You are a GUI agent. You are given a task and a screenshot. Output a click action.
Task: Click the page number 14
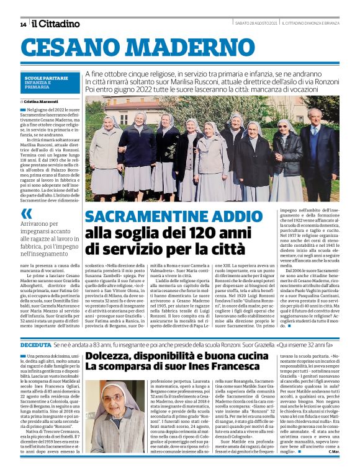(x=23, y=24)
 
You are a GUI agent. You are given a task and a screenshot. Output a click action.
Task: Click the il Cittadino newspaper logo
(x=56, y=24)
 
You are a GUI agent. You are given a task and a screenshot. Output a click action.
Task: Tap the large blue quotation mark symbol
(x=27, y=213)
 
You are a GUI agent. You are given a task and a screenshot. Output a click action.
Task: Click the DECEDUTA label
(x=35, y=344)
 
